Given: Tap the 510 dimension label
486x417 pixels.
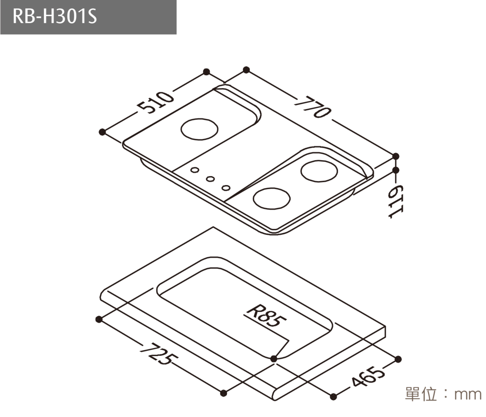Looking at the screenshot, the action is (156, 103).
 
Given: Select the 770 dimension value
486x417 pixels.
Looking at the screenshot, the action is (313, 107).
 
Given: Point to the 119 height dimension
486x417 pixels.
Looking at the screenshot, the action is (395, 202).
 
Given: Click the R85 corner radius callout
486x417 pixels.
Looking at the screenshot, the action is (267, 316).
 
